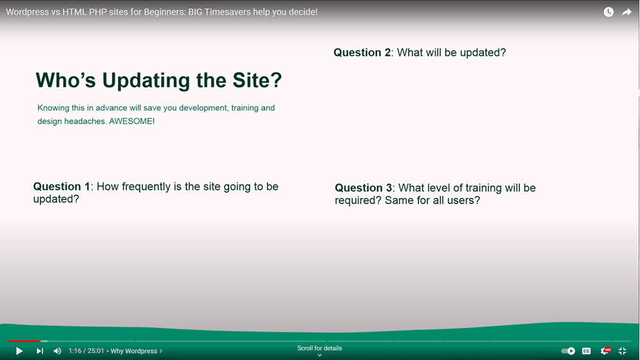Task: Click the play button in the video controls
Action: [19, 351]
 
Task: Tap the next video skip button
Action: [40, 351]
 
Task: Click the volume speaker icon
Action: [58, 351]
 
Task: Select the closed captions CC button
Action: [586, 351]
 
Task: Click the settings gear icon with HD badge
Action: [605, 350]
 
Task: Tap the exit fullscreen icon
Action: [623, 351]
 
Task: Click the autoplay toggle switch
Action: [568, 351]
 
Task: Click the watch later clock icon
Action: [609, 12]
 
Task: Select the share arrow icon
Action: [627, 12]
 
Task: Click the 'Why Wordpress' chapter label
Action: [136, 351]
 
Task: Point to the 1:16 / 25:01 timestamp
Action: [86, 351]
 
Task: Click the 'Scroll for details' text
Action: [320, 348]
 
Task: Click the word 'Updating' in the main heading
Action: [146, 81]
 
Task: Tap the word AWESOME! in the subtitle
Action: [132, 121]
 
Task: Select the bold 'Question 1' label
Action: [62, 186]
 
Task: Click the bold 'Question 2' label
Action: [362, 53]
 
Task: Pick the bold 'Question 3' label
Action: [363, 188]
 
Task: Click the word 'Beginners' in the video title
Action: [164, 12]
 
